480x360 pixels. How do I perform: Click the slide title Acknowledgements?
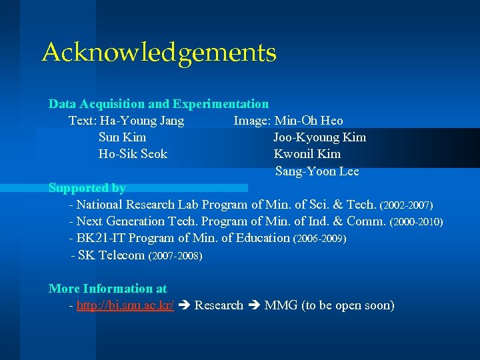click(x=159, y=53)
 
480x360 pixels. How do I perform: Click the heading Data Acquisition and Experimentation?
click(x=159, y=104)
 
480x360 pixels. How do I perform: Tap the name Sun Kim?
click(x=122, y=137)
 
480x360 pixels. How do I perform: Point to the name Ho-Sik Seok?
click(x=133, y=154)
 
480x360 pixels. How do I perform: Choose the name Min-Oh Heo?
click(x=309, y=121)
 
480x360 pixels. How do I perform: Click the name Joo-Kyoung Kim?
click(x=319, y=137)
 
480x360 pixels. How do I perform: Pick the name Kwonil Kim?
click(x=307, y=154)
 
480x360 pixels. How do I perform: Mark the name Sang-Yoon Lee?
click(x=317, y=171)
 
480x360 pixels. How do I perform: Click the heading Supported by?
click(x=87, y=188)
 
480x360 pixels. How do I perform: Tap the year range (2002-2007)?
click(x=406, y=205)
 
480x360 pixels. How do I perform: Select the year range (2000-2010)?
click(x=416, y=221)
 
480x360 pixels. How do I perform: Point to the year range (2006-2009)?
click(x=319, y=238)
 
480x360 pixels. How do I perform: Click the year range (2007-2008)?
click(x=175, y=255)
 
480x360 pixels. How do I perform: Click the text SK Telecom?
click(x=111, y=255)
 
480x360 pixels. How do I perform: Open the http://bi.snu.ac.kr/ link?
click(x=125, y=306)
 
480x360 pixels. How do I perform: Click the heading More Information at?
click(x=108, y=289)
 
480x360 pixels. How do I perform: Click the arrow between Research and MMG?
click(x=254, y=306)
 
